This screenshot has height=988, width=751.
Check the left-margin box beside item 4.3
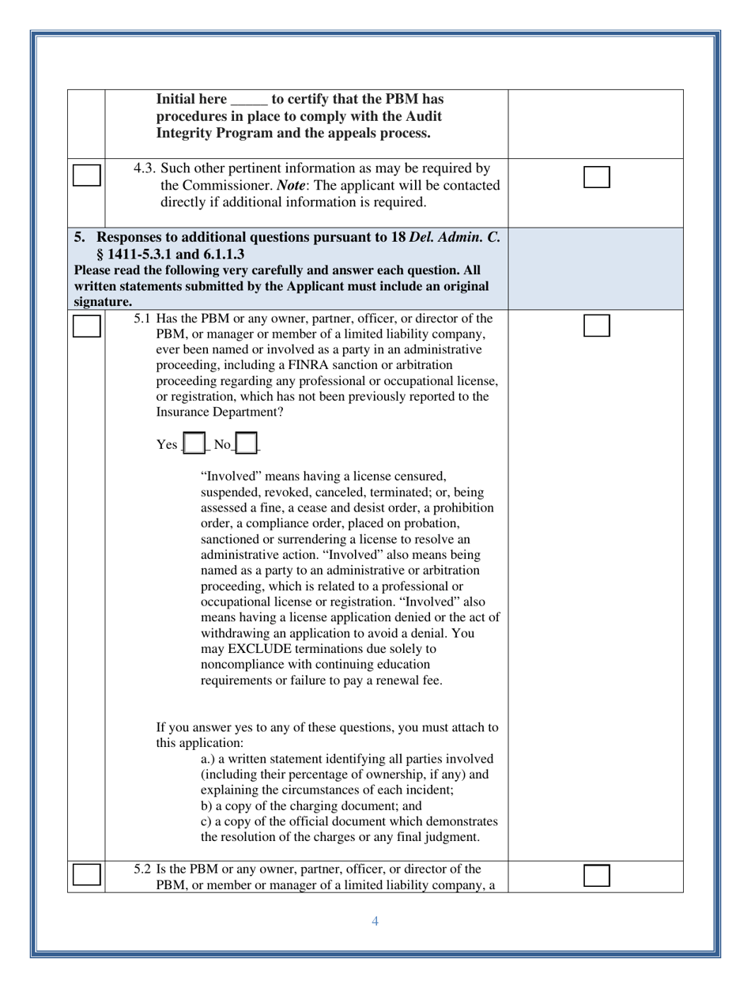click(x=87, y=175)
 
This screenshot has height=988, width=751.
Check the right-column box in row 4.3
click(x=597, y=177)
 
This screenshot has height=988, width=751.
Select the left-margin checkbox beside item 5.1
click(x=87, y=326)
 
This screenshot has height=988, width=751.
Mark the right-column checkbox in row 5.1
click(x=597, y=326)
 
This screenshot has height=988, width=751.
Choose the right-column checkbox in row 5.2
click(x=597, y=876)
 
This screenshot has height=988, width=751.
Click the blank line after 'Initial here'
click(x=249, y=100)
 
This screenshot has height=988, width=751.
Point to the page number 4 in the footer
click(x=375, y=921)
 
